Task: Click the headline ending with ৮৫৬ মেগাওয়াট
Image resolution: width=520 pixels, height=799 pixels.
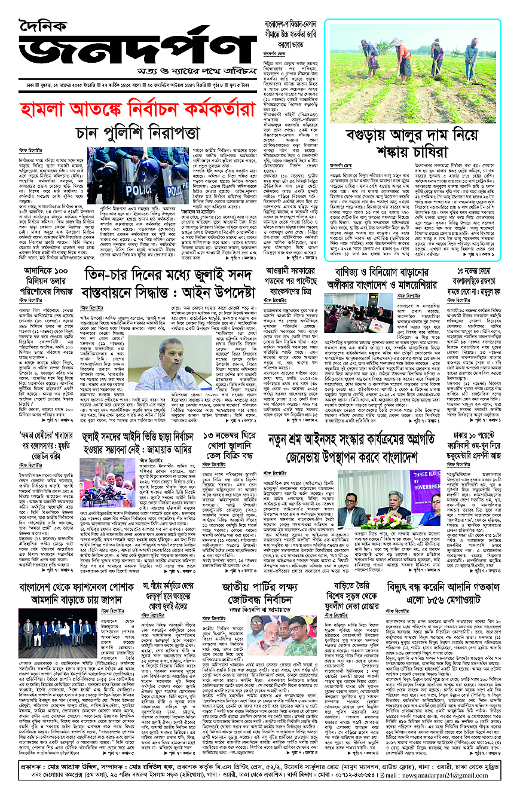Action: point(442,577)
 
